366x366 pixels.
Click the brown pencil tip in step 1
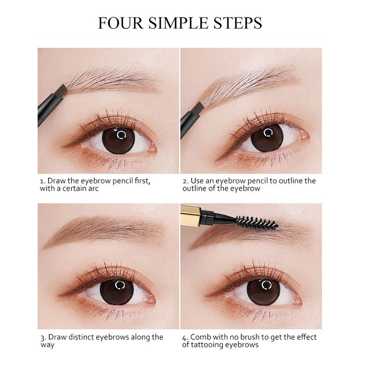coord(61,90)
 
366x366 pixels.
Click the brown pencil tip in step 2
coord(198,108)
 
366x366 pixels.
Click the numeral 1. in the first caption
coord(42,181)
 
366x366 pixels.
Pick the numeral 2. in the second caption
coord(185,181)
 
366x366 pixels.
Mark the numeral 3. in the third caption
coord(42,337)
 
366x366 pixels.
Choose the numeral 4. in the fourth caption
coord(185,337)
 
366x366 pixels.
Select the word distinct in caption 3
coord(82,337)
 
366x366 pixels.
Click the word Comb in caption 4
coord(201,337)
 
